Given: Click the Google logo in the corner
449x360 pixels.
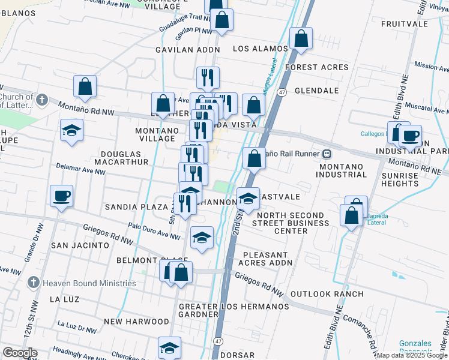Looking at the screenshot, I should [x=20, y=353].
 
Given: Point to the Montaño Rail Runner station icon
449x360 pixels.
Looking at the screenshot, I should [x=327, y=153].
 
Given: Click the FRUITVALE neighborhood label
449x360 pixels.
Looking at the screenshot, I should [x=403, y=24].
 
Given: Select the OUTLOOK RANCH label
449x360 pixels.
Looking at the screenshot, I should [x=327, y=294].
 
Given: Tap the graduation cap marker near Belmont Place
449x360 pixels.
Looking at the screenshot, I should [x=202, y=238].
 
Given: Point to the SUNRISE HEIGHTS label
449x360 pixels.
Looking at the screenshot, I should [x=400, y=179].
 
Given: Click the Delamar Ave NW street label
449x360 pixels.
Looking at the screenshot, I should [x=80, y=169].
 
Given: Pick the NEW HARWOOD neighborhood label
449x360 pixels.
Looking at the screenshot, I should [x=136, y=322].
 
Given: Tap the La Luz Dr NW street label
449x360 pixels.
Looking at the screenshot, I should [x=77, y=326].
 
